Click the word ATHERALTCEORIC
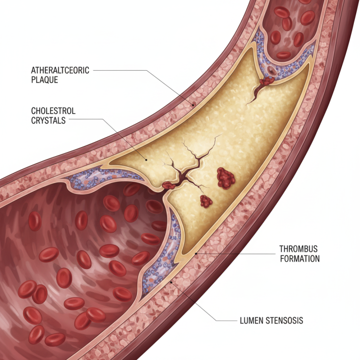60,70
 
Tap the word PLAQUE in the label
45,80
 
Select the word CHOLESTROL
53,111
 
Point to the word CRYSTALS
48,121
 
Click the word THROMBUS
298,249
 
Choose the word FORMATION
300,259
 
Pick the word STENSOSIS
284,320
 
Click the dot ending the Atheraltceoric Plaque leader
193,105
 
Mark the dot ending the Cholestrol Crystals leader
146,159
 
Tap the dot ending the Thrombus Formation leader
196,254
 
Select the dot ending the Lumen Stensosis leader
171,282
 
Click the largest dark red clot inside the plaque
226,178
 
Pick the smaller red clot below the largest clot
206,202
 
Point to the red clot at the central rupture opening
169,185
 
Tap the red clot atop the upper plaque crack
267,81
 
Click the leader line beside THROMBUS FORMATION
235,254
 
